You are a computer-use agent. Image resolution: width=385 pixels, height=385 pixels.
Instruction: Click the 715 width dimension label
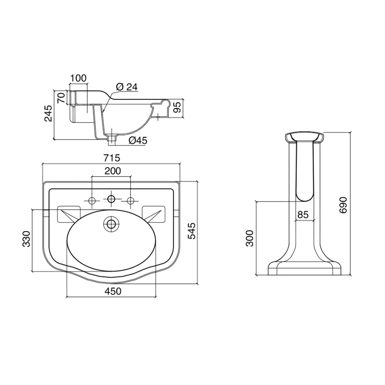pyautogui.click(x=112, y=157)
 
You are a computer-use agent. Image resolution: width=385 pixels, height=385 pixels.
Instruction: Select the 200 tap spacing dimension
pyautogui.click(x=113, y=171)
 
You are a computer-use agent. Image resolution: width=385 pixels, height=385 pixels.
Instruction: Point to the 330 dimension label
pyautogui.click(x=26, y=239)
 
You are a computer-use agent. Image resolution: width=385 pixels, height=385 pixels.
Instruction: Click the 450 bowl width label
pyautogui.click(x=113, y=291)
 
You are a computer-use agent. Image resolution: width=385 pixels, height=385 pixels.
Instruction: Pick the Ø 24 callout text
pyautogui.click(x=127, y=87)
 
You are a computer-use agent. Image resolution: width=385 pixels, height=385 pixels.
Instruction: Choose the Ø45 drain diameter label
pyautogui.click(x=138, y=141)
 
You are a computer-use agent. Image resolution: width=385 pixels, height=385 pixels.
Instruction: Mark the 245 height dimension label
pyautogui.click(x=49, y=113)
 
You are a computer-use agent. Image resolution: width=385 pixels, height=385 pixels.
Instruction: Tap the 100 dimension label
pyautogui.click(x=78, y=78)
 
